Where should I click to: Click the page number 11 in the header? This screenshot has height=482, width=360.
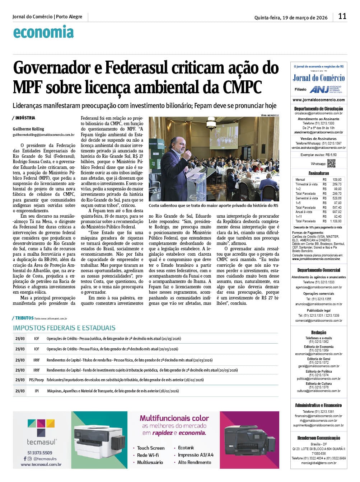click(342, 16)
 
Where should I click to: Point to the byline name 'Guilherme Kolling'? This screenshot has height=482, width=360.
click(28, 129)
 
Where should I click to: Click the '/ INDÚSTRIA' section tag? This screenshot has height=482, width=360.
click(24, 118)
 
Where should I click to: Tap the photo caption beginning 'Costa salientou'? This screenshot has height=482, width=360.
click(213, 205)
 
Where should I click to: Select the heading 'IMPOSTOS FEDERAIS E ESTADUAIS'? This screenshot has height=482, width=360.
click(64, 328)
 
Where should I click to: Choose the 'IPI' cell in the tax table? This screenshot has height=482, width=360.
click(37, 391)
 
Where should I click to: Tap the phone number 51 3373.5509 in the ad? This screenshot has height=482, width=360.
click(40, 453)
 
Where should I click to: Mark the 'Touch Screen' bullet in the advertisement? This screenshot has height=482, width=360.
click(151, 448)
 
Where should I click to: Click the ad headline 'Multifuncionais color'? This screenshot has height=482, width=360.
click(174, 418)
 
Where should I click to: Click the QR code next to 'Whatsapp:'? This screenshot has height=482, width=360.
click(331, 163)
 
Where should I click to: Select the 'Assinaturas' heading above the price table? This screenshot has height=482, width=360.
click(319, 173)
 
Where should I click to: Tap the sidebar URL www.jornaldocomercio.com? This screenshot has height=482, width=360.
click(319, 100)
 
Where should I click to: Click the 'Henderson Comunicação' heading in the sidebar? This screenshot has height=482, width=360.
click(319, 438)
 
